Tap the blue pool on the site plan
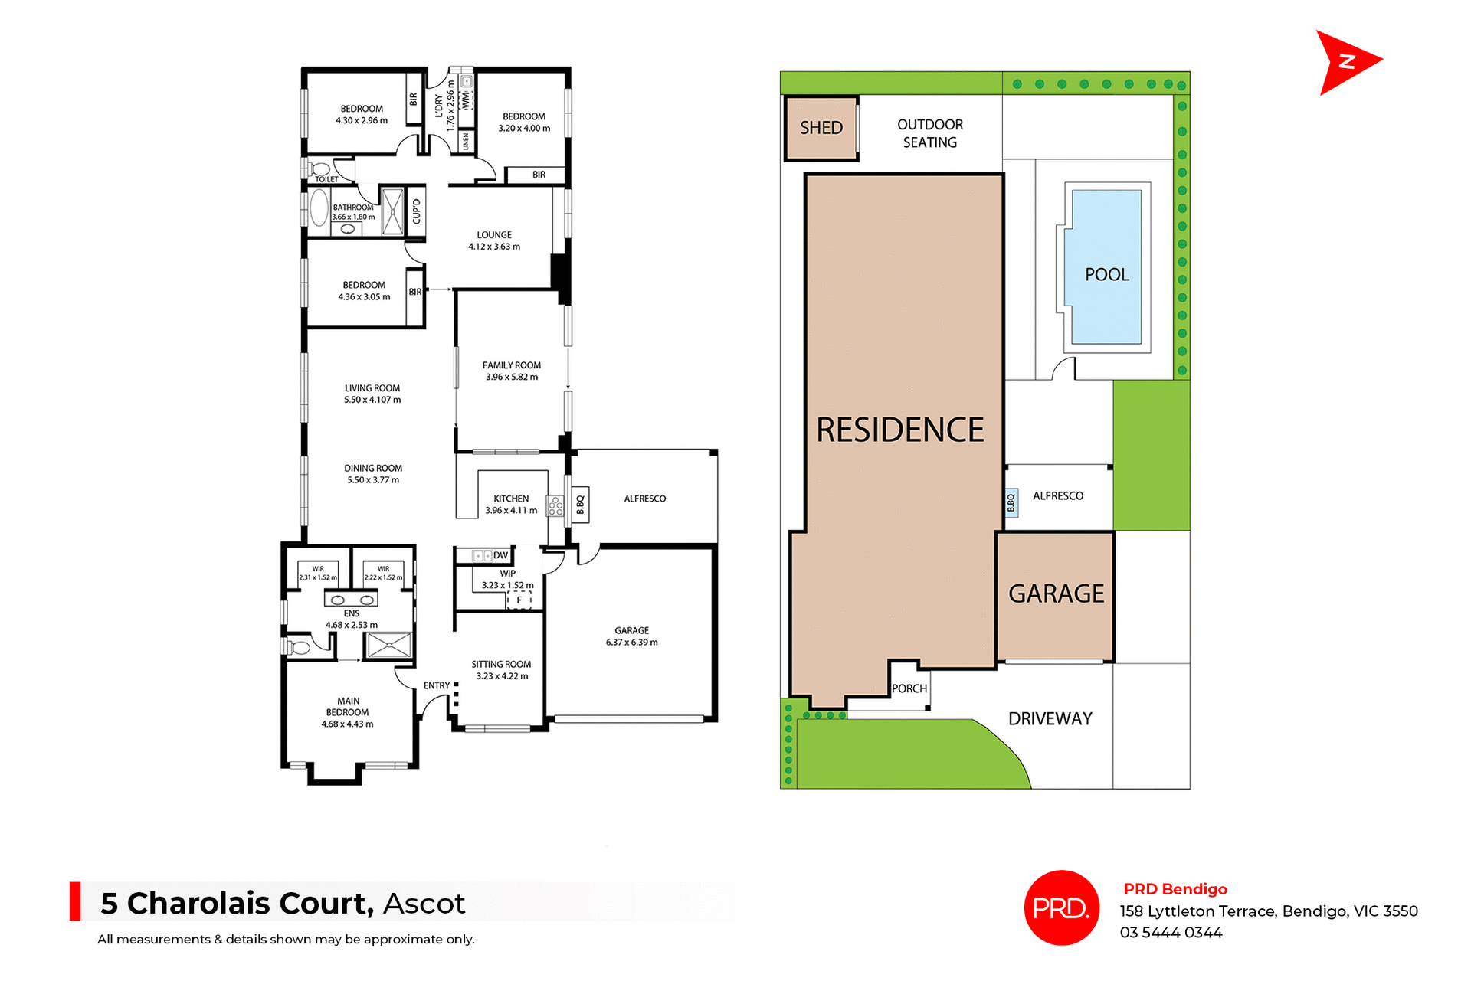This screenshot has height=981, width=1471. tap(1106, 267)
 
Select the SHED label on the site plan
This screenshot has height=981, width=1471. tap(821, 128)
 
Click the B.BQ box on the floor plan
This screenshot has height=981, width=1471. tap(580, 504)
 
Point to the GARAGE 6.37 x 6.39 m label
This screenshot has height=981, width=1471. tap(631, 636)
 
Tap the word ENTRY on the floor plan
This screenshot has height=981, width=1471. tap(437, 685)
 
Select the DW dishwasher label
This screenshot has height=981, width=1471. tap(500, 555)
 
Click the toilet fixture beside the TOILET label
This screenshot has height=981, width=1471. tap(320, 168)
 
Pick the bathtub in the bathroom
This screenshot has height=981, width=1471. tap(319, 208)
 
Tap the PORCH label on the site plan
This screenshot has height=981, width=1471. tap(909, 688)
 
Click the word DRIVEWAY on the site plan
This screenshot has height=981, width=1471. tap(1050, 718)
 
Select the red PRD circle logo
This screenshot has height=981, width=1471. tap(1061, 907)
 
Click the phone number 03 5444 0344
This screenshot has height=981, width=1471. tap(1171, 933)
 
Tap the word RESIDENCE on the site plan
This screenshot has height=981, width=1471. tap(900, 430)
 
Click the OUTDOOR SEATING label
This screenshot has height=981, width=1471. tap(930, 133)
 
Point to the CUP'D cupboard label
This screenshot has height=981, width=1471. tap(416, 211)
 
